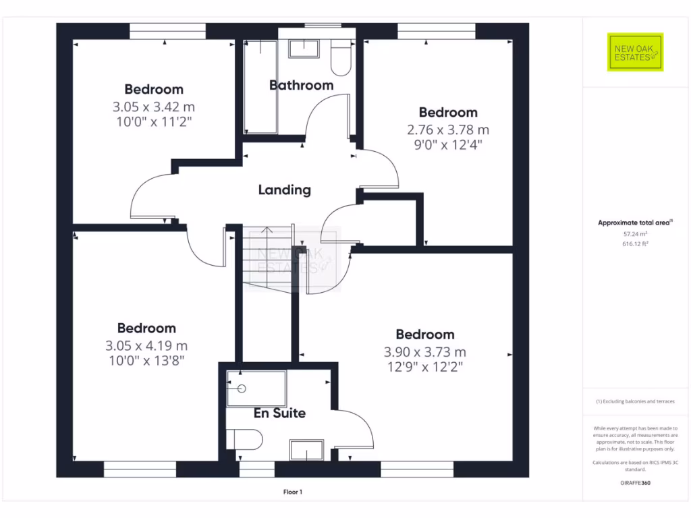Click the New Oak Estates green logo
click(x=635, y=52)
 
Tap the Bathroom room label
click(x=301, y=86)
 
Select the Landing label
click(x=284, y=190)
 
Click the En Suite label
click(x=279, y=413)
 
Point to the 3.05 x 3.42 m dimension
click(x=154, y=107)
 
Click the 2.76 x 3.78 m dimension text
click(x=448, y=129)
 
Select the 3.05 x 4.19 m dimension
click(x=146, y=345)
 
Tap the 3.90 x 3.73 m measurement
click(x=424, y=351)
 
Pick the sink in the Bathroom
click(x=304, y=48)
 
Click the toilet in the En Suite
click(x=244, y=440)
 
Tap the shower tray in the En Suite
click(x=256, y=388)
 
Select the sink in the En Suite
click(x=307, y=450)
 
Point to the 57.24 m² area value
click(x=634, y=234)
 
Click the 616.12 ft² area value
click(x=634, y=244)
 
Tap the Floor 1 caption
click(x=292, y=492)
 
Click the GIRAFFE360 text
click(x=634, y=483)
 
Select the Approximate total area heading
click(x=634, y=223)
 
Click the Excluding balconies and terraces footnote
click(x=634, y=401)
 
